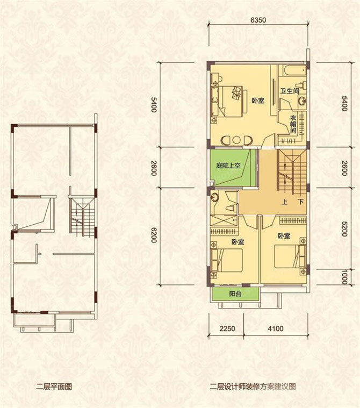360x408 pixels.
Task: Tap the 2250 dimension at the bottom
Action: (x=227, y=328)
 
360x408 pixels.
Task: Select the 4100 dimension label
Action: (x=276, y=328)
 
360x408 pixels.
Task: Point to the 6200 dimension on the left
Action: (x=154, y=235)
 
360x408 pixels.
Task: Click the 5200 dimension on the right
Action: (x=344, y=228)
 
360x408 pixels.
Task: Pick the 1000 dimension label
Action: (x=344, y=277)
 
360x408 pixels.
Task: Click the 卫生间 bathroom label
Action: (x=289, y=91)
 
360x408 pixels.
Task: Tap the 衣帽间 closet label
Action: (x=293, y=124)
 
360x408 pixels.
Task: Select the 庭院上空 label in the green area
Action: (x=228, y=166)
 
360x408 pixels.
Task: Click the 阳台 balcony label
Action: (x=235, y=294)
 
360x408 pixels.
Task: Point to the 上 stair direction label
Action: (x=284, y=202)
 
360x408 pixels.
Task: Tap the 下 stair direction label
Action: (x=301, y=202)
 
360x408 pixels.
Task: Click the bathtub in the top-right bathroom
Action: (x=293, y=70)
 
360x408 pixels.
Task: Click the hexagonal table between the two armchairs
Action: (x=236, y=140)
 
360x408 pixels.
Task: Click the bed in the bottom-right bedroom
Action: (x=286, y=256)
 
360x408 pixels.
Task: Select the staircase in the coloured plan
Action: (x=292, y=172)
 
